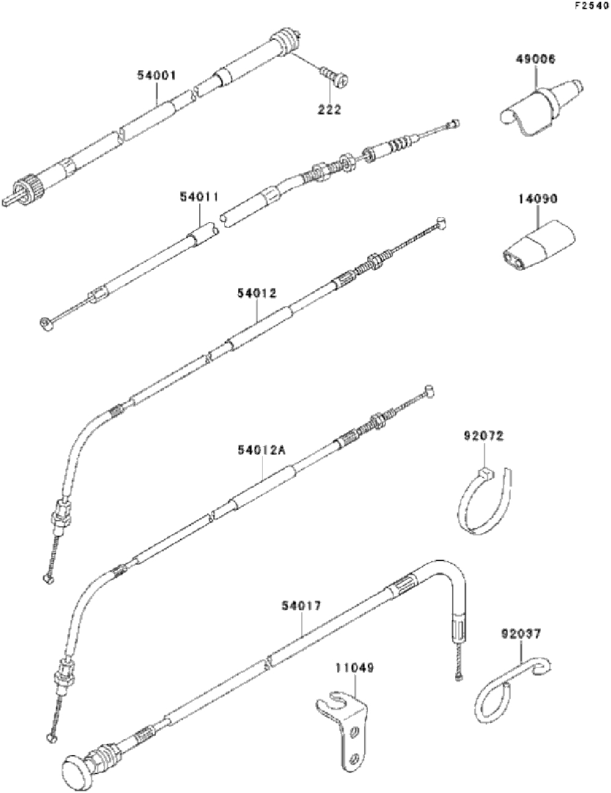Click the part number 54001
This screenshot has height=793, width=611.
(x=156, y=75)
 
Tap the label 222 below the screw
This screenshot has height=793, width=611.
(x=329, y=109)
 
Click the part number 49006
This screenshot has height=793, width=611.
(x=535, y=59)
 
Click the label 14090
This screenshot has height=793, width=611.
(x=538, y=199)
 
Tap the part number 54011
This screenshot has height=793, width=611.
(x=199, y=197)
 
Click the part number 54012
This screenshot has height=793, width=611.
(x=257, y=292)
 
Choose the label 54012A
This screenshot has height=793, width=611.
(x=262, y=451)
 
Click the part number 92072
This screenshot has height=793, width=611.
(x=484, y=435)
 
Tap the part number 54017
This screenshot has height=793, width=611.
(x=301, y=606)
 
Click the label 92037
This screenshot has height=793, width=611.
(x=521, y=634)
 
